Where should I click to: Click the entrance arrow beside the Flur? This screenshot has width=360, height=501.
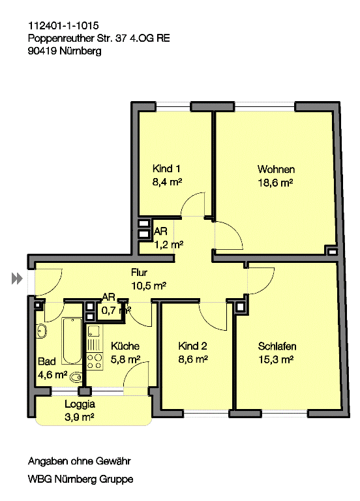[x=17, y=279]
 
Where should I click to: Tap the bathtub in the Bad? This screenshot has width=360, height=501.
[x=72, y=341]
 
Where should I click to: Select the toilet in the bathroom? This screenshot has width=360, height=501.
[x=76, y=377]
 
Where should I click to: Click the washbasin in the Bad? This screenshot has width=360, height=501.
[x=42, y=331]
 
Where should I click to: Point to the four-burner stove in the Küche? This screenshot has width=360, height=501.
[x=95, y=361]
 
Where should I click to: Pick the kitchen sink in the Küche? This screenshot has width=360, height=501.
[x=95, y=332]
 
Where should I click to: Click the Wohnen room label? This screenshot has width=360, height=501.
[x=276, y=169]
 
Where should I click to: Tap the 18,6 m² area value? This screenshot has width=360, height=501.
[x=275, y=183]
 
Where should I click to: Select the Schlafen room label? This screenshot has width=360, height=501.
[x=277, y=346]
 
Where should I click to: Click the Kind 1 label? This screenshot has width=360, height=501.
[x=166, y=168]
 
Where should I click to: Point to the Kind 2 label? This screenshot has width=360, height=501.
[x=192, y=346]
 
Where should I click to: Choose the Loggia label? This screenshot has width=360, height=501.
[x=80, y=404]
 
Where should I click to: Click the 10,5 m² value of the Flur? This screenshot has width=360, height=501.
[x=149, y=285]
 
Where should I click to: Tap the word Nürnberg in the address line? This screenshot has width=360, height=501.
[x=80, y=51]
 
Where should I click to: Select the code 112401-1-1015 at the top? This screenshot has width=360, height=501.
[x=63, y=25]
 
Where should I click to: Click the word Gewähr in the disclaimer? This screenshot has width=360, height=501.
[x=113, y=461]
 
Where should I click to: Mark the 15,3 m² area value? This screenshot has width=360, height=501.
[x=276, y=359]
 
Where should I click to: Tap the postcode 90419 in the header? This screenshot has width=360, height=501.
[x=42, y=51]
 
